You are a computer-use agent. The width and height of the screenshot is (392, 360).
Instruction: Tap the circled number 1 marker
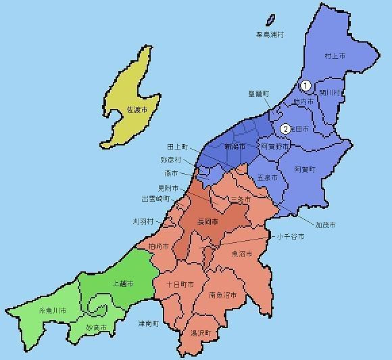[305, 86]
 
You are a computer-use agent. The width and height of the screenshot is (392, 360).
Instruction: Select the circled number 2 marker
[286, 129]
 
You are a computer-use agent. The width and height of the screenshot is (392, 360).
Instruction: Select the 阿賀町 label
[305, 168]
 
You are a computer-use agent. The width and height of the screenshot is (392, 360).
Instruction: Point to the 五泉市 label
[268, 177]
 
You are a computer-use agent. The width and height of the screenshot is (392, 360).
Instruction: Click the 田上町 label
[178, 146]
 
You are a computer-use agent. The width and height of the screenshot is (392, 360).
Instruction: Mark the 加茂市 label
[325, 224]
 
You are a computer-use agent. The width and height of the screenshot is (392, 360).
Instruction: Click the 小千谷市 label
[290, 237]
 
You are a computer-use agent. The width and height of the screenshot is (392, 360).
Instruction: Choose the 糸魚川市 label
[51, 310]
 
